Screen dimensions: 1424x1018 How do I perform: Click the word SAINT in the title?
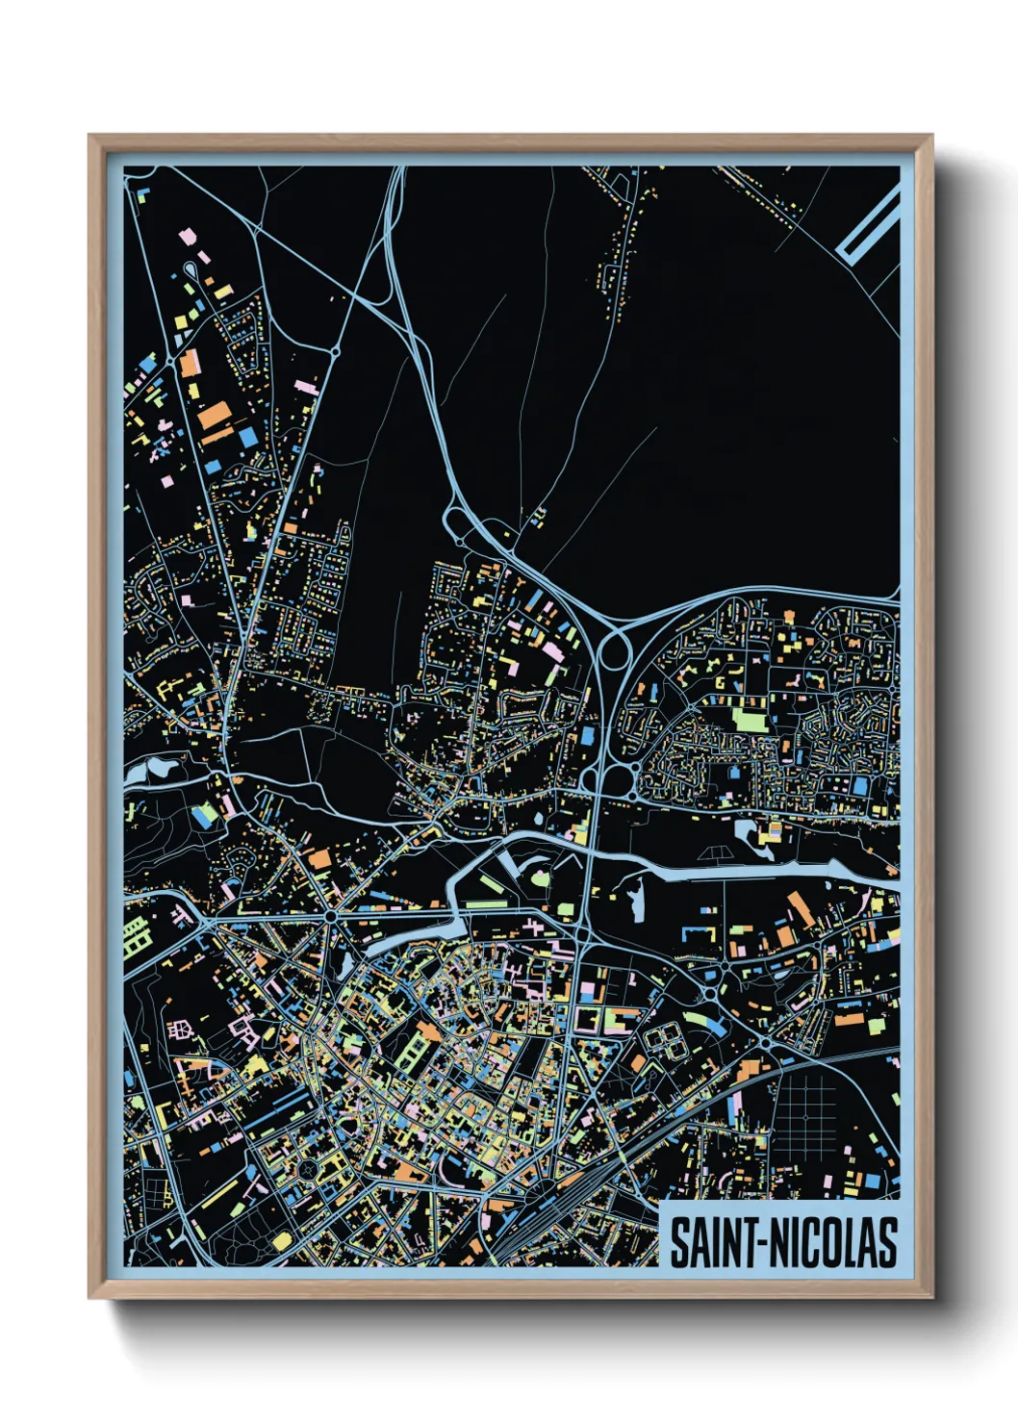pos(713,1242)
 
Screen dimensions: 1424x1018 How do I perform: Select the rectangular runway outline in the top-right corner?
pos(868,224)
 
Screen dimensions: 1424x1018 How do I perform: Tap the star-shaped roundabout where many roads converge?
pos(331,916)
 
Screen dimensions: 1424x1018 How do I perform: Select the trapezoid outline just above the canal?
pos(714,853)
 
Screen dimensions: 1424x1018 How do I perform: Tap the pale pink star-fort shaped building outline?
pos(179,1030)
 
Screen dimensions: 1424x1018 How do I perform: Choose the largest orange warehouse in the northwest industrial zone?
pos(215,416)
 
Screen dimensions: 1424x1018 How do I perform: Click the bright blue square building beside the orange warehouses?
pos(248,437)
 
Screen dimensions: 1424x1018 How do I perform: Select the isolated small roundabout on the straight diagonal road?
pos(335,353)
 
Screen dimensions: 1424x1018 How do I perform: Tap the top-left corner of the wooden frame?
pos(90,137)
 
